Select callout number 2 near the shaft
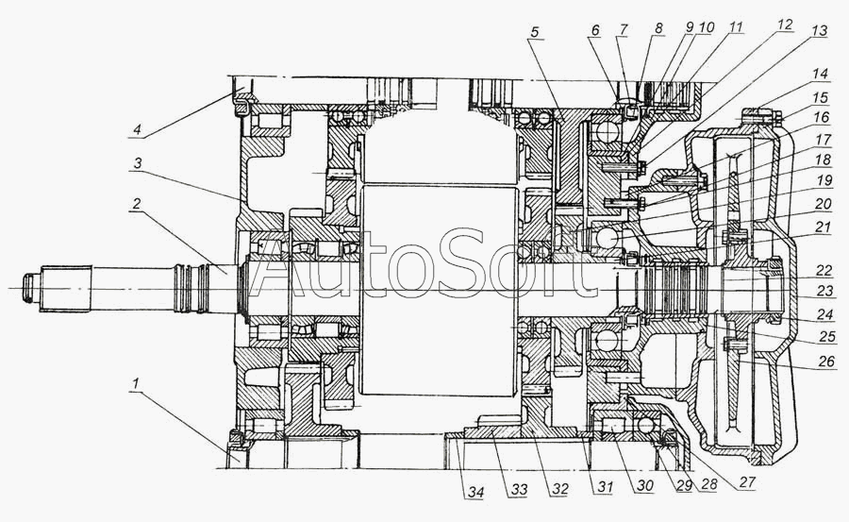pyautogui.click(x=137, y=203)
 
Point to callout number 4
pyautogui.click(x=138, y=129)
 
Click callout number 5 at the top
pyautogui.click(x=535, y=32)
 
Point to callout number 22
pyautogui.click(x=824, y=271)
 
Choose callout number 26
pyautogui.click(x=825, y=361)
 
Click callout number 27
pyautogui.click(x=747, y=482)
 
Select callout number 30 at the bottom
pyautogui.click(x=644, y=486)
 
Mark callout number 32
pyautogui.click(x=559, y=488)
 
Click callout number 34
pyautogui.click(x=475, y=492)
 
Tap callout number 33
pyautogui.click(x=518, y=490)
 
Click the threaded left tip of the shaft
pyautogui.click(x=27, y=287)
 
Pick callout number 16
pyautogui.click(x=822, y=116)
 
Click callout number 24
pyautogui.click(x=824, y=313)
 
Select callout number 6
pyautogui.click(x=595, y=30)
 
